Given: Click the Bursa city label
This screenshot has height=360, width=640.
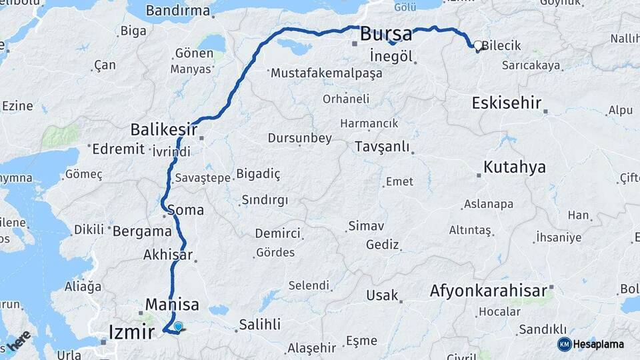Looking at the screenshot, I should [386, 35].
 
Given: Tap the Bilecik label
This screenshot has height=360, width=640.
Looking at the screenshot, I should [501, 46].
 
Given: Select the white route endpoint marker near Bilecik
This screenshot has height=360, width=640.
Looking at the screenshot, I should [478, 46].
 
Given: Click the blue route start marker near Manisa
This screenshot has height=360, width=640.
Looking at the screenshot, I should [178, 326].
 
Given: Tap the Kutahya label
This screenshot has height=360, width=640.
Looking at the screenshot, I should [515, 167].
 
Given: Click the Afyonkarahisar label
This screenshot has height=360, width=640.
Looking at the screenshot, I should [489, 291].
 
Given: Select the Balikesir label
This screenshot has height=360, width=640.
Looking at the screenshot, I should [164, 129].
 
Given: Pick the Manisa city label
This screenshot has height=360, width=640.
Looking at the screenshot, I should [172, 305].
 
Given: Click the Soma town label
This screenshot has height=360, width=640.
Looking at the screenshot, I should [186, 210].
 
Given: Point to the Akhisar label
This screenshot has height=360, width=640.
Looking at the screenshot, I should [168, 255].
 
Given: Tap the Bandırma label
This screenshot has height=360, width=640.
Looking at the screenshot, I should [177, 11].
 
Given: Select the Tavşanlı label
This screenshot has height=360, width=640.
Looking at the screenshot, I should [382, 146].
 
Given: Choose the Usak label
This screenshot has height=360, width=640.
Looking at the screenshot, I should [382, 295].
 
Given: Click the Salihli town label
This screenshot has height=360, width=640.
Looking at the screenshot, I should [260, 325].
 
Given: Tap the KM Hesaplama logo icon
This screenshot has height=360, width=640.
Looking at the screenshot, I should [565, 344].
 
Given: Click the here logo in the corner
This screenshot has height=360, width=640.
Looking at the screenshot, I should [18, 340].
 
